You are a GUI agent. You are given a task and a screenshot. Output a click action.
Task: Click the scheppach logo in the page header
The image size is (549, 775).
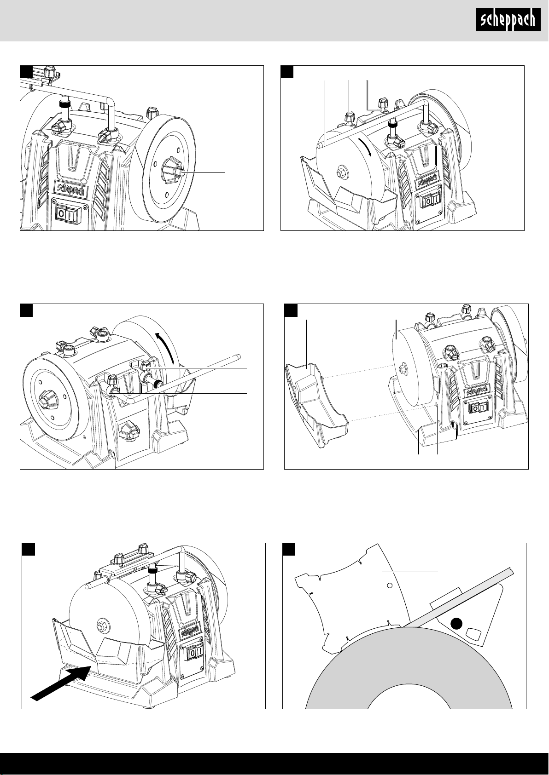point(508,21)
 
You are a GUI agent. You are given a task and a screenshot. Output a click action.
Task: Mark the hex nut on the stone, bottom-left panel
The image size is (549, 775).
point(100,626)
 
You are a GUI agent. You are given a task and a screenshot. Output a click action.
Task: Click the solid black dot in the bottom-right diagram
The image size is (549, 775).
point(456,624)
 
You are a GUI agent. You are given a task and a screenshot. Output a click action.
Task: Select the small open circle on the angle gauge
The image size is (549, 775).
point(389,586)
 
